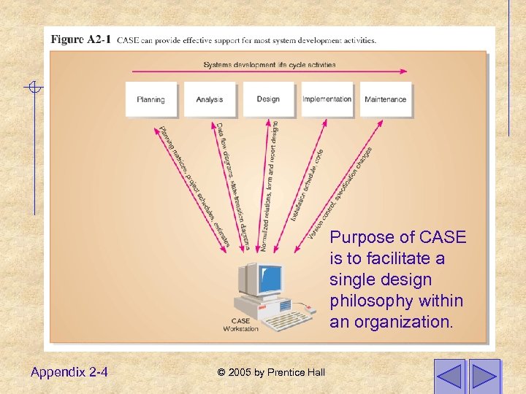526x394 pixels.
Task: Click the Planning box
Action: click(151, 99)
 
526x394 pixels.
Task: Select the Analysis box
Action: click(210, 99)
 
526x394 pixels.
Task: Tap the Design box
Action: click(268, 99)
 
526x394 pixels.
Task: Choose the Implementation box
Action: click(327, 99)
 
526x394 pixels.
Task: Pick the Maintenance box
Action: click(385, 99)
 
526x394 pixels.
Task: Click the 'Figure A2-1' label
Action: click(81, 39)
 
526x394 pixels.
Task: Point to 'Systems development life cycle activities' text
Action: click(270, 65)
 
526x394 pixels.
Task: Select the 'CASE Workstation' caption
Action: click(241, 325)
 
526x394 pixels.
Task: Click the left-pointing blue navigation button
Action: click(449, 375)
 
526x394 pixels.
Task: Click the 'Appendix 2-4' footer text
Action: click(69, 372)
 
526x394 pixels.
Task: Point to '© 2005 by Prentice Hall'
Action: click(271, 373)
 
